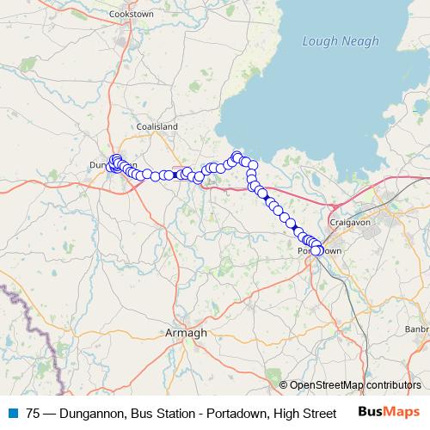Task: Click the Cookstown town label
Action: (x=131, y=15)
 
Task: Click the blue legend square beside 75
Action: (x=11, y=414)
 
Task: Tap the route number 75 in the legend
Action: (x=33, y=414)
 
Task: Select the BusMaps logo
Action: (x=389, y=413)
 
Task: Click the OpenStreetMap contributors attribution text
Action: (x=355, y=386)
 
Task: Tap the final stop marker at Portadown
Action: (x=316, y=250)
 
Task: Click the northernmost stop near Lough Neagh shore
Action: (x=237, y=156)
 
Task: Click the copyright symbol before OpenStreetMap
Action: (x=284, y=386)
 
